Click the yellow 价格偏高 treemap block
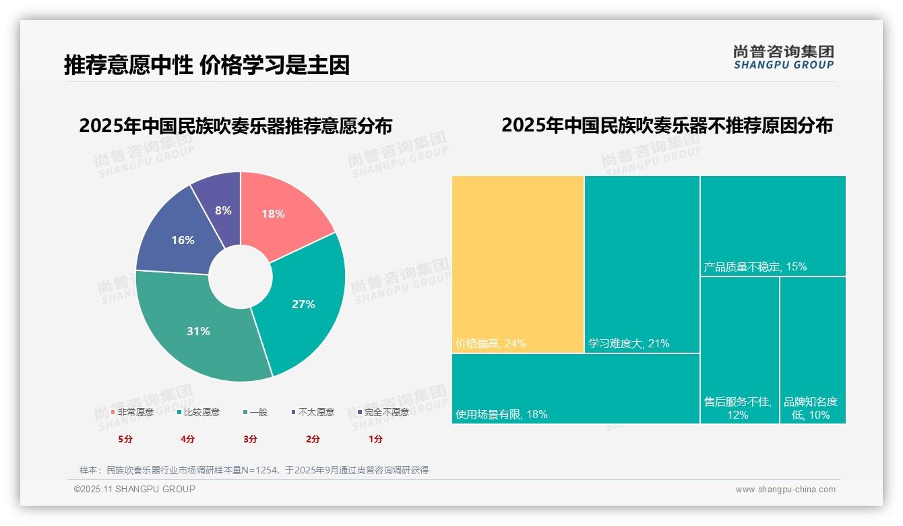[x=518, y=263]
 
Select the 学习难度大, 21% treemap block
[x=642, y=263]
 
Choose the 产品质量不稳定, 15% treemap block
[x=772, y=225]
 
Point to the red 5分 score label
[x=125, y=439]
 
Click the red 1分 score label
[x=375, y=439]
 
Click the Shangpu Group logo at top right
[x=783, y=57]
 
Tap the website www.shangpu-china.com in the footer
[x=785, y=490]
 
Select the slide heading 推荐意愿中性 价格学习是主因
[x=207, y=65]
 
